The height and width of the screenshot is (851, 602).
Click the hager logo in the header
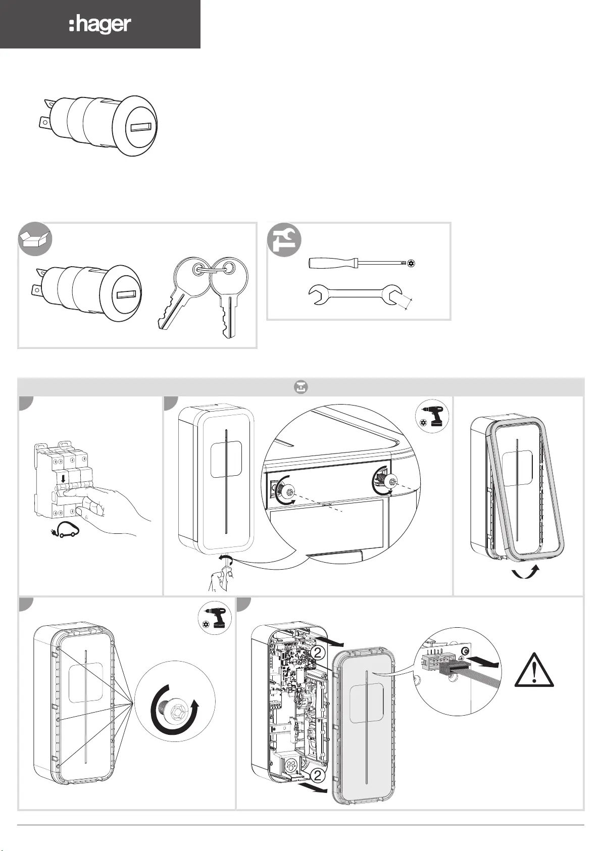pyautogui.click(x=100, y=25)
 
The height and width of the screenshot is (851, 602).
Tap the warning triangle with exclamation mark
pyautogui.click(x=534, y=671)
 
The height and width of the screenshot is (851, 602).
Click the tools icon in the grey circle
pyautogui.click(x=284, y=239)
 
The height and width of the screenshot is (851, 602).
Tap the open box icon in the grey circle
pyautogui.click(x=35, y=239)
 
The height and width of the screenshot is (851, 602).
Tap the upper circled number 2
pyautogui.click(x=318, y=653)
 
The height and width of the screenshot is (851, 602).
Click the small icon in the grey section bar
pyautogui.click(x=300, y=387)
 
